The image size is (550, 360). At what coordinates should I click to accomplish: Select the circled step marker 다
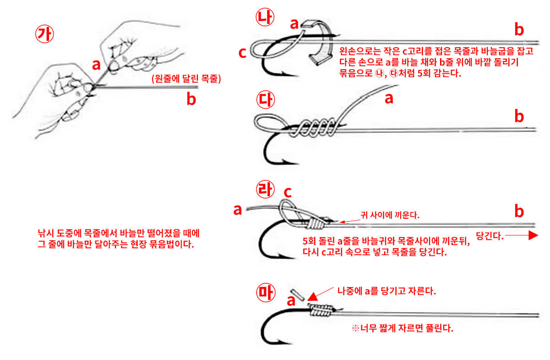(x=265, y=100)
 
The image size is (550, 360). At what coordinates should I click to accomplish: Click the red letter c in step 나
(x=242, y=53)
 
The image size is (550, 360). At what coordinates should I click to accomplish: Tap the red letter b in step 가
(x=191, y=99)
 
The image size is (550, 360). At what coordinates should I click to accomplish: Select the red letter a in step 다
(x=389, y=98)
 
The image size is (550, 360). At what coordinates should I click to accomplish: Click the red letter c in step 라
(x=288, y=193)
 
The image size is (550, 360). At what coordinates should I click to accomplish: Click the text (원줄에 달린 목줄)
(x=186, y=79)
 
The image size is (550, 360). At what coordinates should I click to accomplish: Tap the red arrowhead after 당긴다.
(x=532, y=236)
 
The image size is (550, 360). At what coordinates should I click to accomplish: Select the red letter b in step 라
(x=519, y=211)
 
